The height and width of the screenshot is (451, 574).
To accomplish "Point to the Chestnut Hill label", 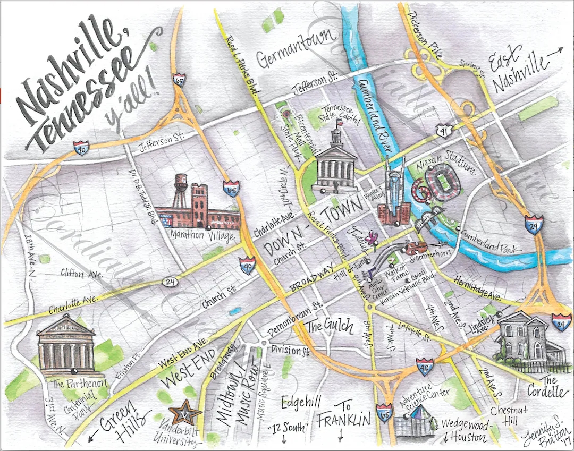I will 508,416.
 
